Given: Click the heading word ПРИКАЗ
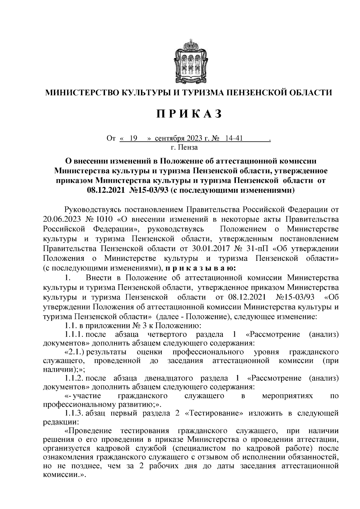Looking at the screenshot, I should pos(189,114).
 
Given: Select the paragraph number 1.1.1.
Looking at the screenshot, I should pos(74,334).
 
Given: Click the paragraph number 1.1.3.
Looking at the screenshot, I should pos(74,414).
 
